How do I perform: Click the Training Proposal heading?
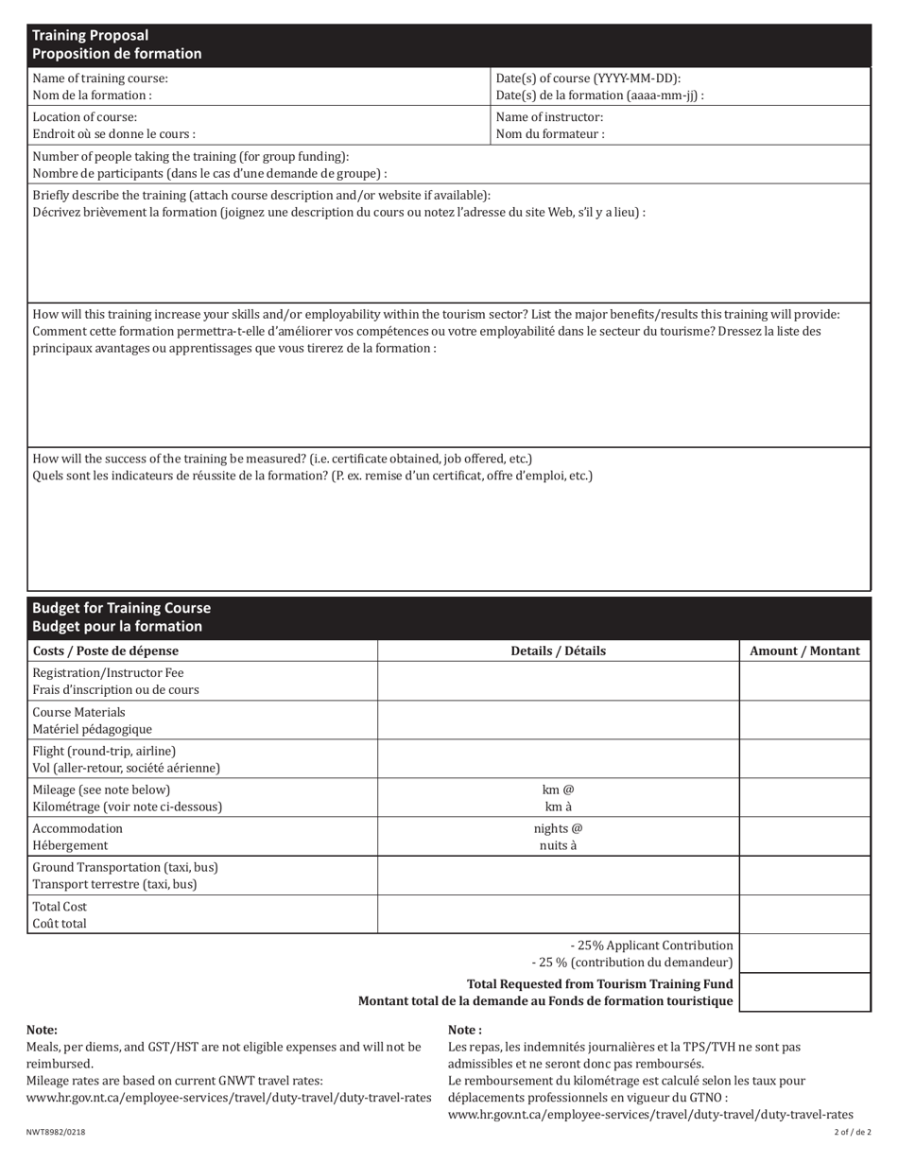point(91,36)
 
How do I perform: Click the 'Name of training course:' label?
point(100,78)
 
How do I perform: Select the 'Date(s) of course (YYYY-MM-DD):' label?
point(588,78)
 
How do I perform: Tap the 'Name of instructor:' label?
point(549,117)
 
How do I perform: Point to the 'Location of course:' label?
point(84,117)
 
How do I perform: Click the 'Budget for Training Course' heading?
point(121,608)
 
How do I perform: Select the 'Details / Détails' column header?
point(558,651)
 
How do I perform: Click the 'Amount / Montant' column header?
point(804,651)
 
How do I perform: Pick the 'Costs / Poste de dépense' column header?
point(105,651)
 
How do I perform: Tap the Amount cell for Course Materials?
point(804,720)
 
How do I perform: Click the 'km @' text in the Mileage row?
point(558,790)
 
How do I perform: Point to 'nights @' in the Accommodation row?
point(558,828)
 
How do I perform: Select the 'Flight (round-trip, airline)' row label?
point(104,751)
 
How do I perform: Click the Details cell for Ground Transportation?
point(558,876)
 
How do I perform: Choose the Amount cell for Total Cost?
point(804,914)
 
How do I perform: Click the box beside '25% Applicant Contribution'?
point(804,953)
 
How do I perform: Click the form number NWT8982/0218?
point(49,1132)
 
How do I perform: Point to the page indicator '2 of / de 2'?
point(853,1132)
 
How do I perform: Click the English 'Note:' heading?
point(42,1030)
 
